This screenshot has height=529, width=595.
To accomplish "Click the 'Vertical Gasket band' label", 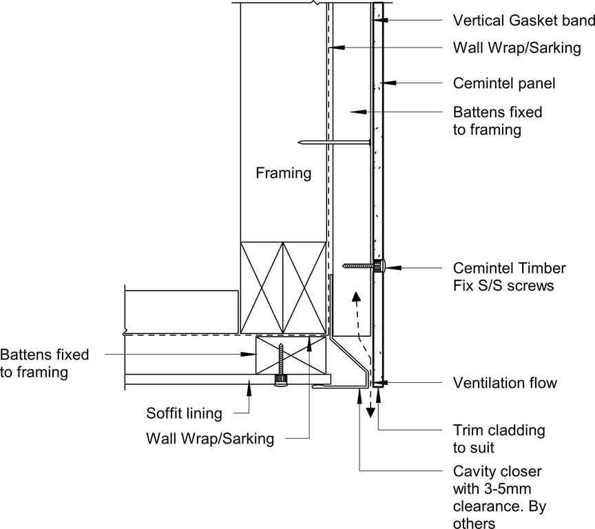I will (x=523, y=20).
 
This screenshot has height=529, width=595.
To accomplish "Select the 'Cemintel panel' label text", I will (x=503, y=83).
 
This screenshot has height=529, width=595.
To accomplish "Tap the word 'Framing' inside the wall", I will (x=283, y=173).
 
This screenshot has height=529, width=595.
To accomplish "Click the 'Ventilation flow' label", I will (x=504, y=382).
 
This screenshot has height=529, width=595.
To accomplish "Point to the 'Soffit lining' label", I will (x=184, y=413).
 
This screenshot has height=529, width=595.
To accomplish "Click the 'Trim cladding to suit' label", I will (x=499, y=439).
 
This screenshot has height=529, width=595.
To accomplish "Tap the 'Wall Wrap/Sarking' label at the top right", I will (x=516, y=48).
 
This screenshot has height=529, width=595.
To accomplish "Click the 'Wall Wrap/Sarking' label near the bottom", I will (x=209, y=438).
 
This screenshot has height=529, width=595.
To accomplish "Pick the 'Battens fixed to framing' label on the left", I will (x=45, y=363).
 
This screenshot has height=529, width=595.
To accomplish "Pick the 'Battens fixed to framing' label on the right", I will (x=497, y=121).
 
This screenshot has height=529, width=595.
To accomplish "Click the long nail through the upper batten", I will (x=334, y=143).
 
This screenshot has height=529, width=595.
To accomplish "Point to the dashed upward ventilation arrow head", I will (x=356, y=296).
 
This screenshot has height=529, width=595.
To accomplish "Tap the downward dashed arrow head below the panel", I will (x=370, y=413).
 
